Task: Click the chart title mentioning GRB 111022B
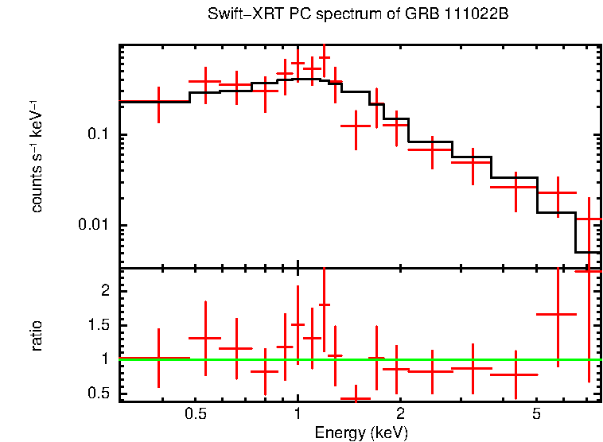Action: click(x=358, y=14)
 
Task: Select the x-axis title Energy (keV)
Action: click(x=361, y=432)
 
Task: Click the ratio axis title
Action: click(x=37, y=335)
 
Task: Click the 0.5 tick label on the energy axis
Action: click(x=196, y=414)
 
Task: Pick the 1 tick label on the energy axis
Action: click(x=298, y=414)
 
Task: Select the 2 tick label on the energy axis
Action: click(x=400, y=414)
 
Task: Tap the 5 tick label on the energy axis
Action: click(x=536, y=414)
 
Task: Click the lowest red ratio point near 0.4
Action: click(x=356, y=398)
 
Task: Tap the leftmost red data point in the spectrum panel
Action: click(x=158, y=102)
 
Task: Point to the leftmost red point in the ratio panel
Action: click(x=158, y=359)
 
